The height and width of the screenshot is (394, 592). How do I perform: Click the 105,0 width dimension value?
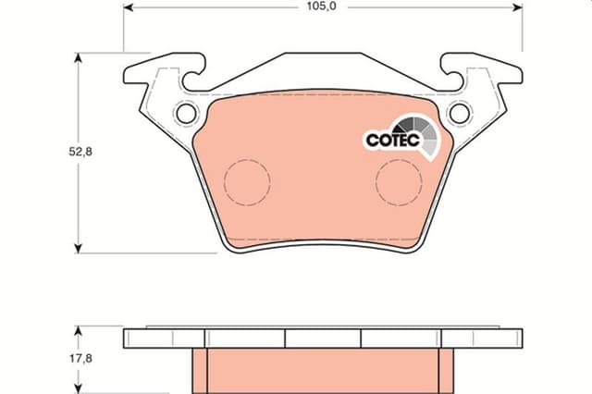pos(321,6)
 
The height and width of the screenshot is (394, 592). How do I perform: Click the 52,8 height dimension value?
pos(80,152)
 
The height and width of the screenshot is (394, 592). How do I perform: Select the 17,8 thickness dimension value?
pos(80,358)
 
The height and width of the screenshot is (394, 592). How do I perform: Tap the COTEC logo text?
pos(393,140)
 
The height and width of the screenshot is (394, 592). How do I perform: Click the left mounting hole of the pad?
pos(187,113)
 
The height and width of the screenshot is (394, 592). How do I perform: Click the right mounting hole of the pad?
pos(460,113)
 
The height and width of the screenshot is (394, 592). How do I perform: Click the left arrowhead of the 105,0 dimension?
pos(129,7)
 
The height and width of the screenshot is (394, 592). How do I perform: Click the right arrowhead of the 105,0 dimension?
pos(518,7)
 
